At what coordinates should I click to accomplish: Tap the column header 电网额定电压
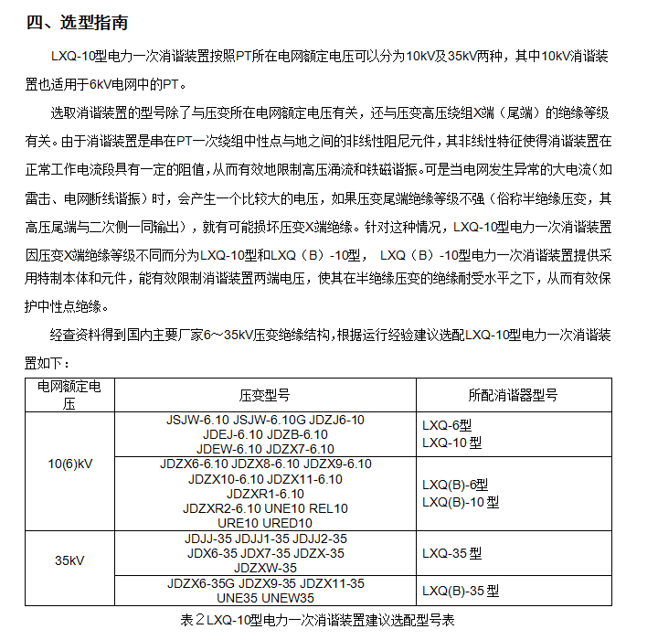(x=69, y=394)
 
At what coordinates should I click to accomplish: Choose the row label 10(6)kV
(x=70, y=464)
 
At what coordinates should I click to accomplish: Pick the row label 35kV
(x=70, y=560)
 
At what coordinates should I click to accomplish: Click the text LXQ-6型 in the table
(x=447, y=426)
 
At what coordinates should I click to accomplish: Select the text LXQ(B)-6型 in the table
(x=455, y=485)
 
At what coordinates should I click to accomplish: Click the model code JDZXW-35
(x=265, y=568)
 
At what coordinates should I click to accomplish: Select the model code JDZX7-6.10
(x=301, y=449)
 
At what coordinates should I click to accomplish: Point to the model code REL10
(x=327, y=508)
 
